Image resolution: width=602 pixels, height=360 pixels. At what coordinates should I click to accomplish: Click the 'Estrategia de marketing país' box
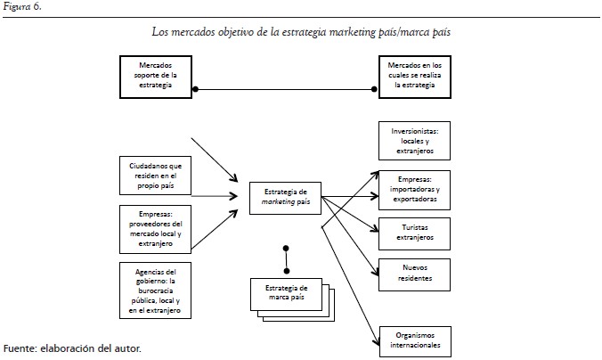286,195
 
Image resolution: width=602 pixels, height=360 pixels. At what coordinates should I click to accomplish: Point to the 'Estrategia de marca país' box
286,292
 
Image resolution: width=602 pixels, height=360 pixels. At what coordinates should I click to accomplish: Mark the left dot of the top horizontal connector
196,88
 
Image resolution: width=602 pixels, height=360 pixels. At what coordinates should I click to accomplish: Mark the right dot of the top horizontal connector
374,88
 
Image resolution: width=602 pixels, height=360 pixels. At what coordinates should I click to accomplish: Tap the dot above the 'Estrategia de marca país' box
286,248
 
